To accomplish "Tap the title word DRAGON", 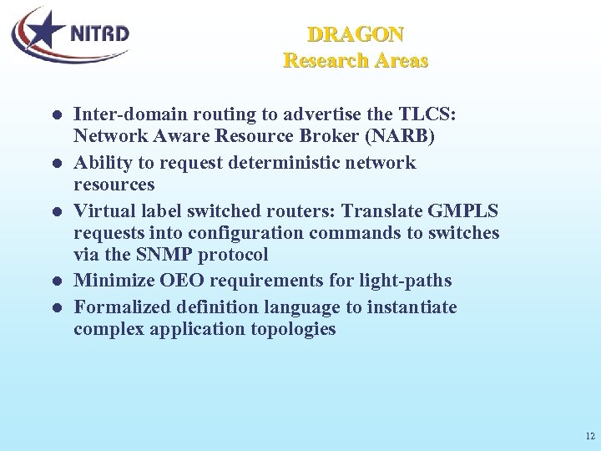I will tap(356, 35).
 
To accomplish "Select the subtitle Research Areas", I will tap(356, 61).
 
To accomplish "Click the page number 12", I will tap(590, 437).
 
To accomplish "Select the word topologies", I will tap(293, 329).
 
